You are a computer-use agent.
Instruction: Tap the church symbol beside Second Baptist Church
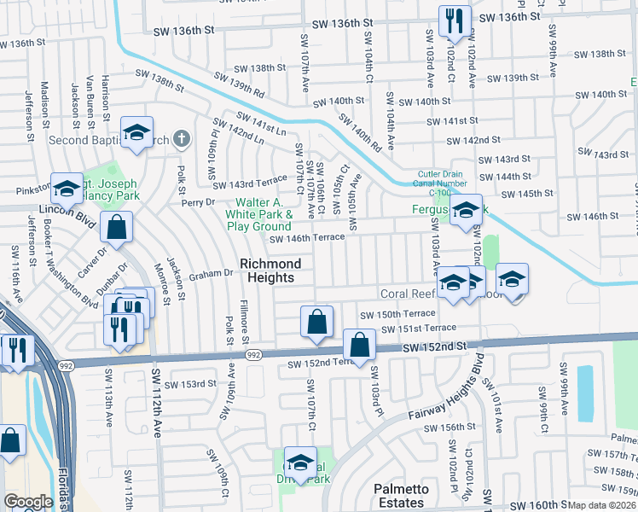coord(181,139)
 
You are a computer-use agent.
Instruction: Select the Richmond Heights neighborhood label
coord(267,271)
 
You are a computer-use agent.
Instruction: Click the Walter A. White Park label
coord(258,214)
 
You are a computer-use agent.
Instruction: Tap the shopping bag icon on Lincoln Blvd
coord(116,227)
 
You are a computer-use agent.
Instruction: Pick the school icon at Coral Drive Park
coord(299,463)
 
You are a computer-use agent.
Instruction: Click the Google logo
coord(28,502)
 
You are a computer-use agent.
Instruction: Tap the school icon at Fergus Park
coord(466,210)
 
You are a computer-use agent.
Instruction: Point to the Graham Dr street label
coord(211,274)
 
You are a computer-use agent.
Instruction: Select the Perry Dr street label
coord(196,202)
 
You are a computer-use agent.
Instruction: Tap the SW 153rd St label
coord(192,384)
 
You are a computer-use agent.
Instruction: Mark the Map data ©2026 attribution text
coord(602,505)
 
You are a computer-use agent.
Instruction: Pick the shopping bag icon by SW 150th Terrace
coord(316,323)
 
